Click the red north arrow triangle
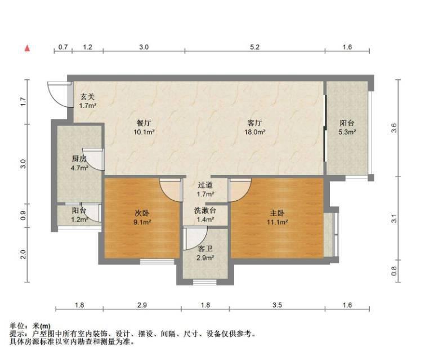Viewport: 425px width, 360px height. pos(27,48)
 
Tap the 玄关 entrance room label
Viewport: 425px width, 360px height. pos(88,97)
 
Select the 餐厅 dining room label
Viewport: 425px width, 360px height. pos(144,123)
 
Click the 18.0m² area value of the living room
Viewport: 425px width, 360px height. pos(255,132)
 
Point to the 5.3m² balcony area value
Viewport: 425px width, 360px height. pos(347,132)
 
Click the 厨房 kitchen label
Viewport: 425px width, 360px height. pos(79,159)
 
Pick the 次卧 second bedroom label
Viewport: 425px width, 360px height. pos(142,213)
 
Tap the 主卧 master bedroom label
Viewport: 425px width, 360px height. pos(277,213)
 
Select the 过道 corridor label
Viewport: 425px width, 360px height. pos(205,185)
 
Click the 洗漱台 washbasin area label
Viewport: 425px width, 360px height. pos(205,210)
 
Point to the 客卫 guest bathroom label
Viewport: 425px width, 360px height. pos(205,249)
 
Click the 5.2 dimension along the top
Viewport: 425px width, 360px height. pos(254,47)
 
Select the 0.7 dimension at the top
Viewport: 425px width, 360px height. pos(63,47)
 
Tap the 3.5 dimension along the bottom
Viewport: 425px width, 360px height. pos(278,305)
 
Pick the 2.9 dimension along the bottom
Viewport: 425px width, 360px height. pos(142,305)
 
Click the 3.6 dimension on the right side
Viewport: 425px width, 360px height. pos(394,128)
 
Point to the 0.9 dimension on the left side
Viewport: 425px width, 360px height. pos(23,215)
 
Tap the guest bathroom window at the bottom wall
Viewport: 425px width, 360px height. pos(205,282)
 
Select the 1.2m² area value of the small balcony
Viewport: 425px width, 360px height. pos(79,219)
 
